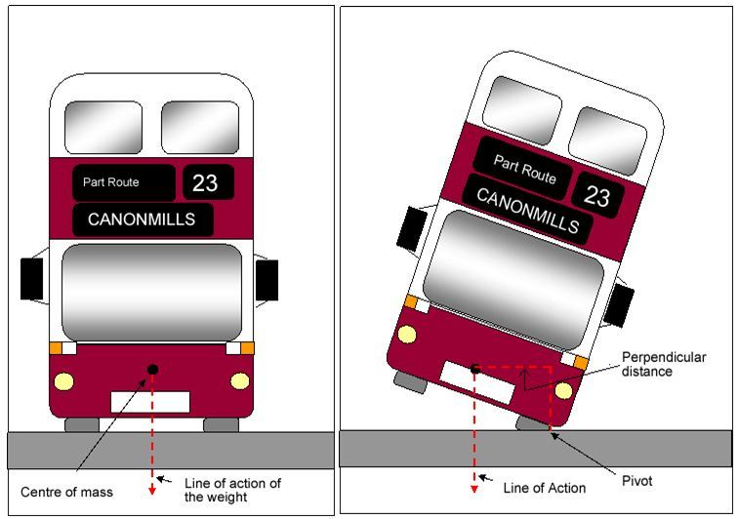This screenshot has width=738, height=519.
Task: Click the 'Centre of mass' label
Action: click(66, 491)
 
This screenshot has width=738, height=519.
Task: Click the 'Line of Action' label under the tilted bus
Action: click(545, 488)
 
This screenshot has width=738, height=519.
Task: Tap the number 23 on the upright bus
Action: click(206, 182)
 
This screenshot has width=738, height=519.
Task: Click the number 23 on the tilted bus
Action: click(597, 195)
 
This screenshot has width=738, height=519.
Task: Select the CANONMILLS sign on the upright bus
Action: click(143, 220)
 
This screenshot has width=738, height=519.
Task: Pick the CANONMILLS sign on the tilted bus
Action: click(527, 209)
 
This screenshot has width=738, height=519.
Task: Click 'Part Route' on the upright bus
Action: click(111, 181)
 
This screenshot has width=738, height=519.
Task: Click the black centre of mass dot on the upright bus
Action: click(152, 368)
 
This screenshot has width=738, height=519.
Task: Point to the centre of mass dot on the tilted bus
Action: click(475, 369)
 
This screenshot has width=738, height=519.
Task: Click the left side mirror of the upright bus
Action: click(32, 279)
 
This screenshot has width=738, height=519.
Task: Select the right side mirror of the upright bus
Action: click(266, 280)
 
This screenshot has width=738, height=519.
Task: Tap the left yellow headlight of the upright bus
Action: click(64, 380)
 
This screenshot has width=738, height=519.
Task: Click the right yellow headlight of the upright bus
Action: click(239, 380)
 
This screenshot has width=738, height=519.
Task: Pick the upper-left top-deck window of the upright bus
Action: click(103, 127)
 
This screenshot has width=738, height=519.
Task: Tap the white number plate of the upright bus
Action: click(150, 401)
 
